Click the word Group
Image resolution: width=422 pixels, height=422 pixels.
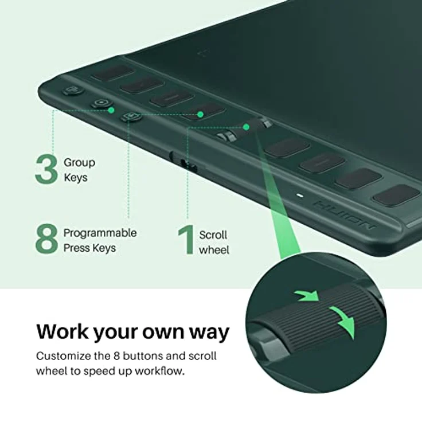pos(79,163)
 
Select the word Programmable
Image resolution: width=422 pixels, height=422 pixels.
pos(100,233)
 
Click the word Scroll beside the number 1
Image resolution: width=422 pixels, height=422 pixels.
pos(213,235)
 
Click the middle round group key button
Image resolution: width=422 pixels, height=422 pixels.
pos(101,104)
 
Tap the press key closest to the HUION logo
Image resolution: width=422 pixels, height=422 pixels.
pos(396,195)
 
